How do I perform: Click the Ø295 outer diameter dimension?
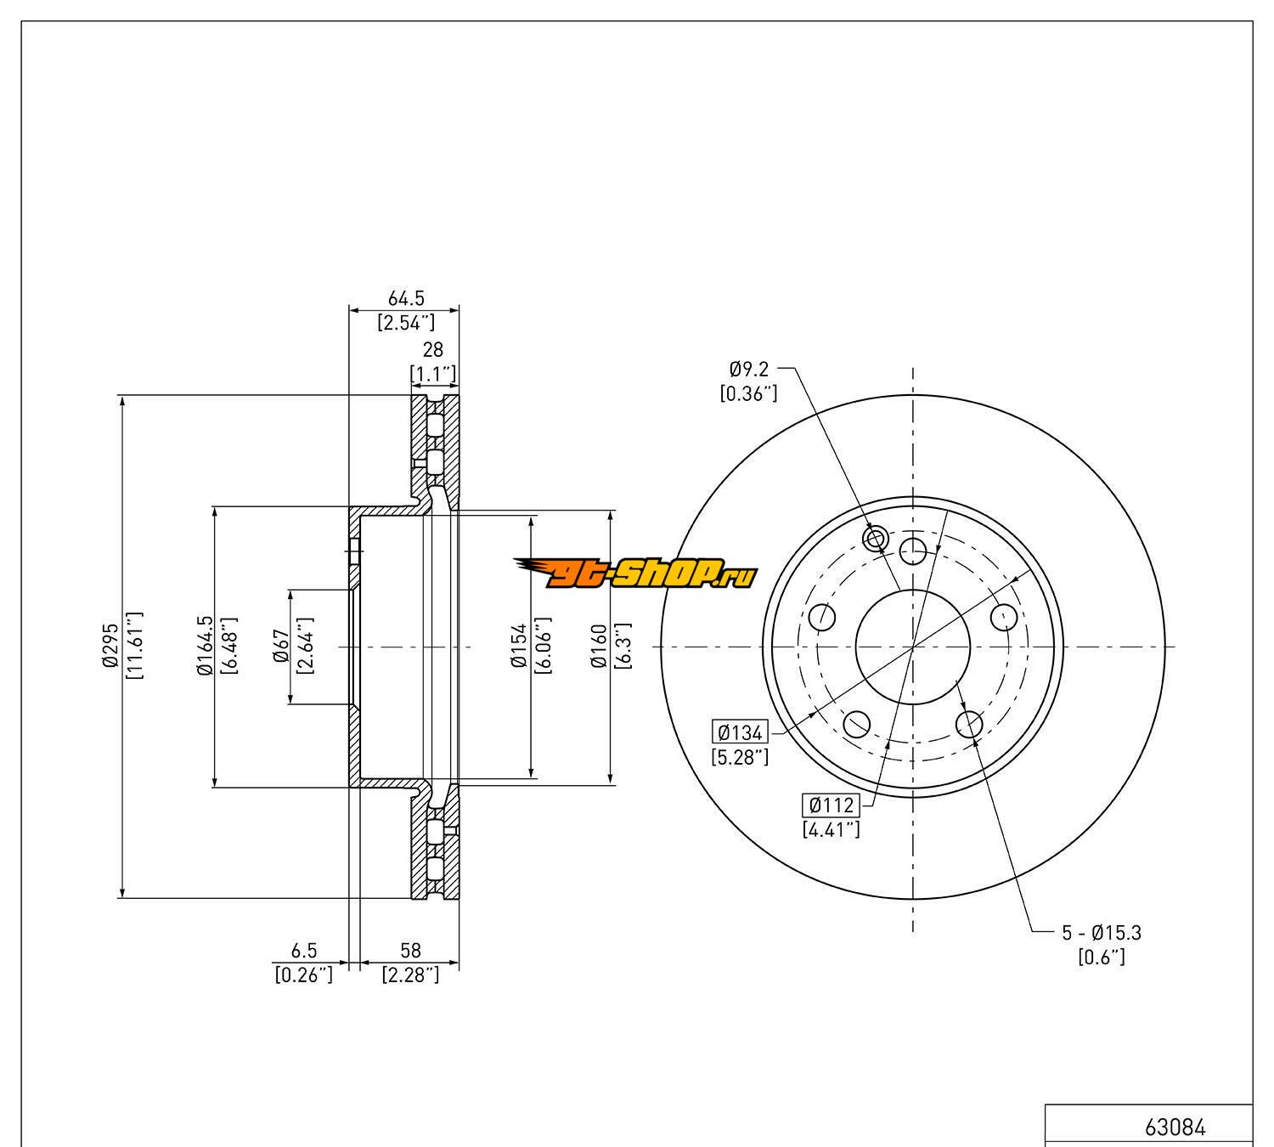tap(110, 647)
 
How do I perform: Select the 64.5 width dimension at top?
tap(405, 299)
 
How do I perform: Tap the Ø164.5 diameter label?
tap(203, 646)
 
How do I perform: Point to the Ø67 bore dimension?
tap(279, 646)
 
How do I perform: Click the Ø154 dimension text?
tap(519, 646)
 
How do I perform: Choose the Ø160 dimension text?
tap(599, 646)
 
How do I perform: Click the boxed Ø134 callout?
tap(741, 732)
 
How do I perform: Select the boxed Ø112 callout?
tap(831, 805)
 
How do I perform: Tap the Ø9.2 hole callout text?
tap(748, 369)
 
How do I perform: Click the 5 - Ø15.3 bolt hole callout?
tap(1102, 933)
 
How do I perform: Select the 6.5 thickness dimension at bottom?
tap(303, 951)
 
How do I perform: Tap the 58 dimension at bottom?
tap(410, 951)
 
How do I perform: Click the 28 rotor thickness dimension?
tap(433, 350)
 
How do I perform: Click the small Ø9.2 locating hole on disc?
tap(875, 538)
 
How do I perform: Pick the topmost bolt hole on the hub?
tap(913, 551)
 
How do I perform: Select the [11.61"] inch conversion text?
tap(134, 646)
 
